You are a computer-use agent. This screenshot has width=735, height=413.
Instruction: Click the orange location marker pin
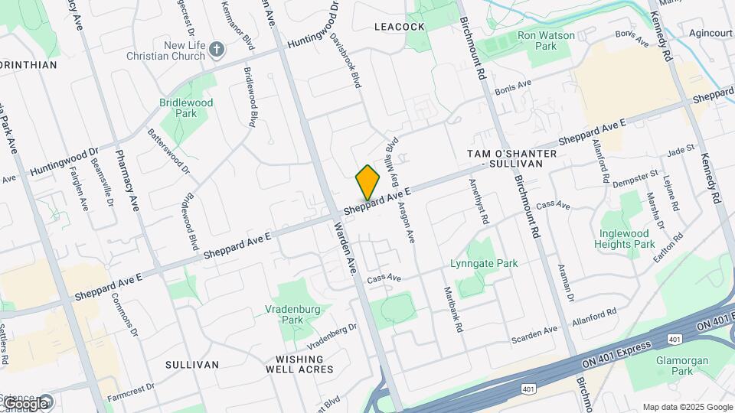click(x=367, y=184)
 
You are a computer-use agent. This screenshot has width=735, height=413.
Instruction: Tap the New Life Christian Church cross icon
click(x=217, y=50)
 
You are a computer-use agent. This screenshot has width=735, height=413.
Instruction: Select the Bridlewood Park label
click(x=186, y=108)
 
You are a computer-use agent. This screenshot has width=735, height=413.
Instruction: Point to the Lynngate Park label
click(x=485, y=263)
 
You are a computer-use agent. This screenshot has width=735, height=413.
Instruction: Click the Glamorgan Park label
click(x=679, y=366)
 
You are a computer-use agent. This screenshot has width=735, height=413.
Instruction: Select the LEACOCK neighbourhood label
click(x=399, y=27)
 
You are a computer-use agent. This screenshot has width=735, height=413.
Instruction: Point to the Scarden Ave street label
click(x=534, y=332)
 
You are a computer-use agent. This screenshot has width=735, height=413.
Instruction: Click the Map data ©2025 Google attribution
click(x=688, y=407)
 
